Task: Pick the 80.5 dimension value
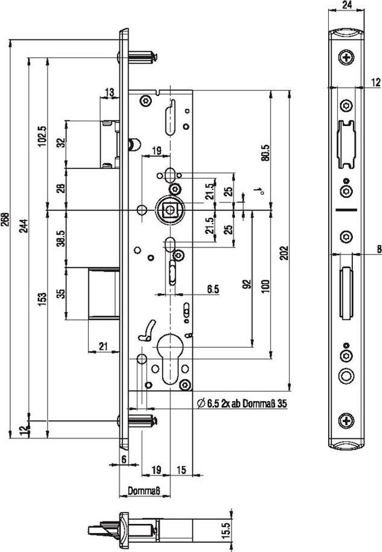point(265,154)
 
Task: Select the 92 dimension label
point(247,285)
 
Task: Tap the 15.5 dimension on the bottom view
point(226,529)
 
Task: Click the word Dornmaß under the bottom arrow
point(145,492)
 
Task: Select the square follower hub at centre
point(170,209)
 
